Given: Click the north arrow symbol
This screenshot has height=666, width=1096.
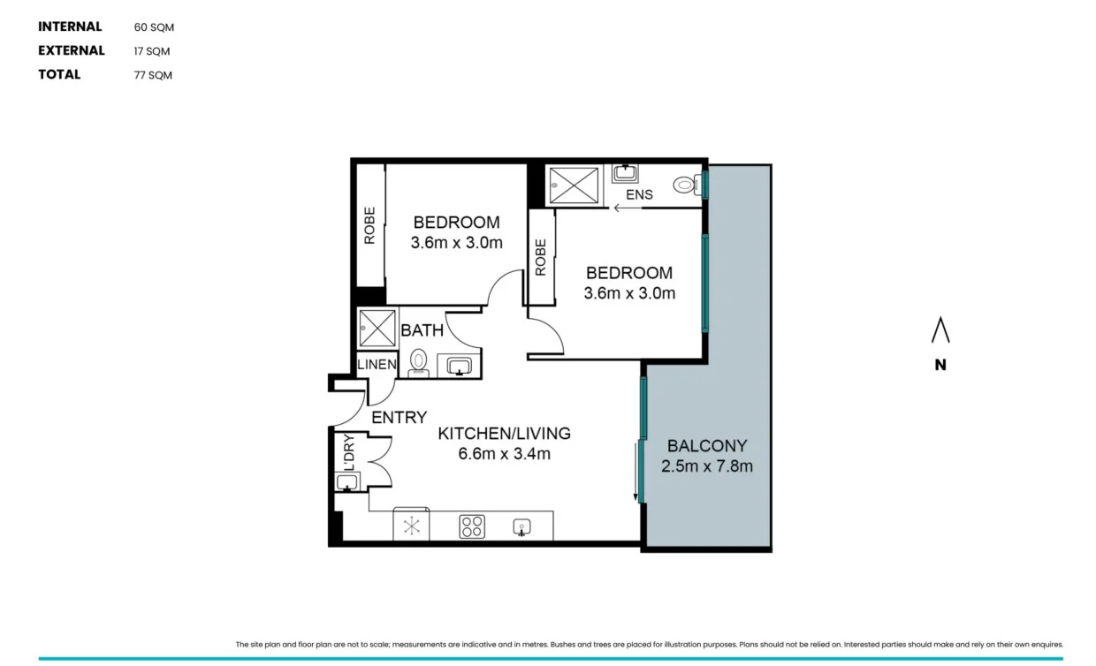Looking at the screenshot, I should (940, 331).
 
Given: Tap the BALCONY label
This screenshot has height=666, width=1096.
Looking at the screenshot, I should (707, 446).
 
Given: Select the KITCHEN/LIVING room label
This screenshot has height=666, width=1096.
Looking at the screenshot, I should (505, 434).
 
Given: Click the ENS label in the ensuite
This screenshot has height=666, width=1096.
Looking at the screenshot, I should (639, 194).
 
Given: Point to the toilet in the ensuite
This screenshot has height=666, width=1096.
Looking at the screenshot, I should (684, 185).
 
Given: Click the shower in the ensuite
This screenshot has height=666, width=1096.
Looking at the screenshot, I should (575, 185).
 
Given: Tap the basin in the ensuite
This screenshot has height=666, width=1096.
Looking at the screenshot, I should (626, 172).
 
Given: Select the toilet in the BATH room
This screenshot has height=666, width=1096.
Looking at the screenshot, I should (419, 361).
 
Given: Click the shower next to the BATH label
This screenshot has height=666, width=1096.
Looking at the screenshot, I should (377, 329).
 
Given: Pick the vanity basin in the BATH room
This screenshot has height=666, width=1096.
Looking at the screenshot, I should (458, 365).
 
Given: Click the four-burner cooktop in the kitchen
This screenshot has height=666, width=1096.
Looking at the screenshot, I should (472, 526).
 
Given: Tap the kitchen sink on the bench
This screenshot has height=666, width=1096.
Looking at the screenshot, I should (522, 527).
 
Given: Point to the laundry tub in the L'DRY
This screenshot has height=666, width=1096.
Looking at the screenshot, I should (347, 481).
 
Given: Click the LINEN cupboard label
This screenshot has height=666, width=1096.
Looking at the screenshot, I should (377, 365).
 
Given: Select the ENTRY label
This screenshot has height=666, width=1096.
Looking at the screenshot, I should (399, 418).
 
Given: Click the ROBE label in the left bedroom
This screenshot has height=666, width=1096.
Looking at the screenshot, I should (369, 225).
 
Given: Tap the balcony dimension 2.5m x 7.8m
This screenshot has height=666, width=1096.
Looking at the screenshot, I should (707, 466).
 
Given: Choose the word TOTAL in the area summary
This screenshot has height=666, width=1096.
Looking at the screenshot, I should (59, 74).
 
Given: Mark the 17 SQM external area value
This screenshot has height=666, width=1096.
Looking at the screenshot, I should (152, 51).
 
